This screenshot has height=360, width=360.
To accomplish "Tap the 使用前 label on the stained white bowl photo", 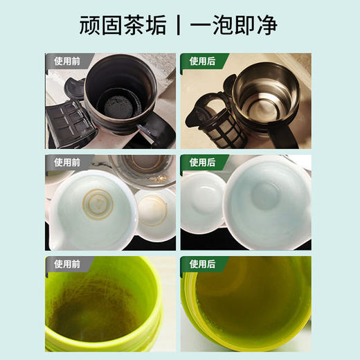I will [66, 162].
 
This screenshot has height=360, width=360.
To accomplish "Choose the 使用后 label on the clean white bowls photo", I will [200, 162].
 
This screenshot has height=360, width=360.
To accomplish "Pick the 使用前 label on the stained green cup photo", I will [66, 264].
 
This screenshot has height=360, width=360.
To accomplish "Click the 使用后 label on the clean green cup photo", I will [200, 264].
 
